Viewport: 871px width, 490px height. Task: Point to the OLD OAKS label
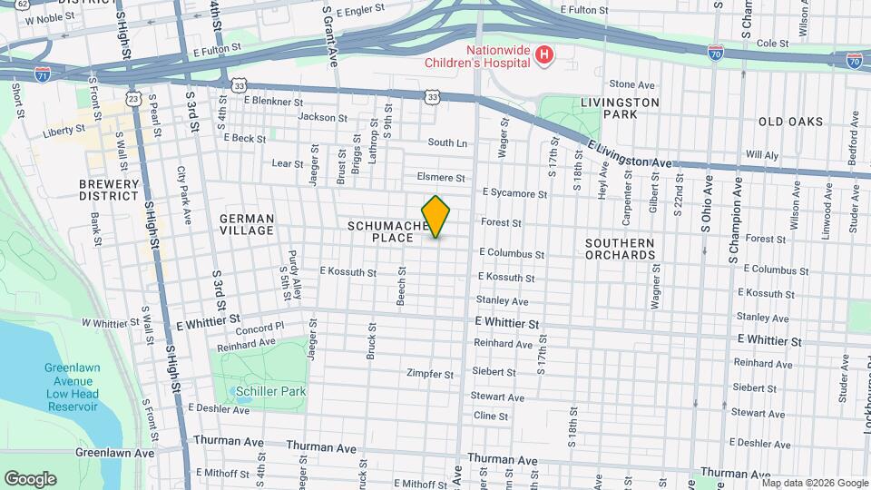(x=790, y=122)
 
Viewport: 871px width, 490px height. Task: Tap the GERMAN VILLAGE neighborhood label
(x=246, y=224)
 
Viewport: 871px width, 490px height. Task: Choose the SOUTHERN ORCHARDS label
(x=620, y=249)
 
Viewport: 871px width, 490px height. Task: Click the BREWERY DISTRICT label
(x=109, y=191)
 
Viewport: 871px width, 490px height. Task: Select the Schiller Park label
(x=269, y=391)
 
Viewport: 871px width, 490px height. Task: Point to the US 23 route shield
(x=134, y=98)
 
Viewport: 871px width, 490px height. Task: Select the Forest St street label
(x=501, y=222)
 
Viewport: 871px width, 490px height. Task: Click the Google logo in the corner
(x=30, y=479)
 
